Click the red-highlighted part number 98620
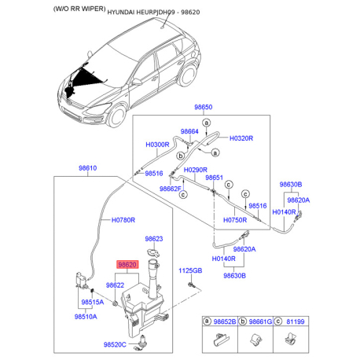coord(127,265)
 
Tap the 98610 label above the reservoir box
coord(88,168)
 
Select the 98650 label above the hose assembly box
coord(204,107)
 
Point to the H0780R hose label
coord(123,220)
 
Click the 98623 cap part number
coord(154,239)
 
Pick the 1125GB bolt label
coord(190,270)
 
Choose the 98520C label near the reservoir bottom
coord(115,344)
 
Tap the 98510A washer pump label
coord(86,317)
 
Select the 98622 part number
coord(115,285)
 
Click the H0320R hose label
coord(241,138)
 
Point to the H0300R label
coord(157,145)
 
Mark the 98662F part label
coord(171,189)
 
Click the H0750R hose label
coord(235,220)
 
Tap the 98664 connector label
coord(189,131)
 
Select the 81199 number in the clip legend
coord(296,321)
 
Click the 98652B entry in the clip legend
coord(225,321)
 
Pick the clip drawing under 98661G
coord(255,340)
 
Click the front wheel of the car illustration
coord(117,116)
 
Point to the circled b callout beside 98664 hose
coord(181,156)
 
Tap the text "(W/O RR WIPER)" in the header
coord(79,9)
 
